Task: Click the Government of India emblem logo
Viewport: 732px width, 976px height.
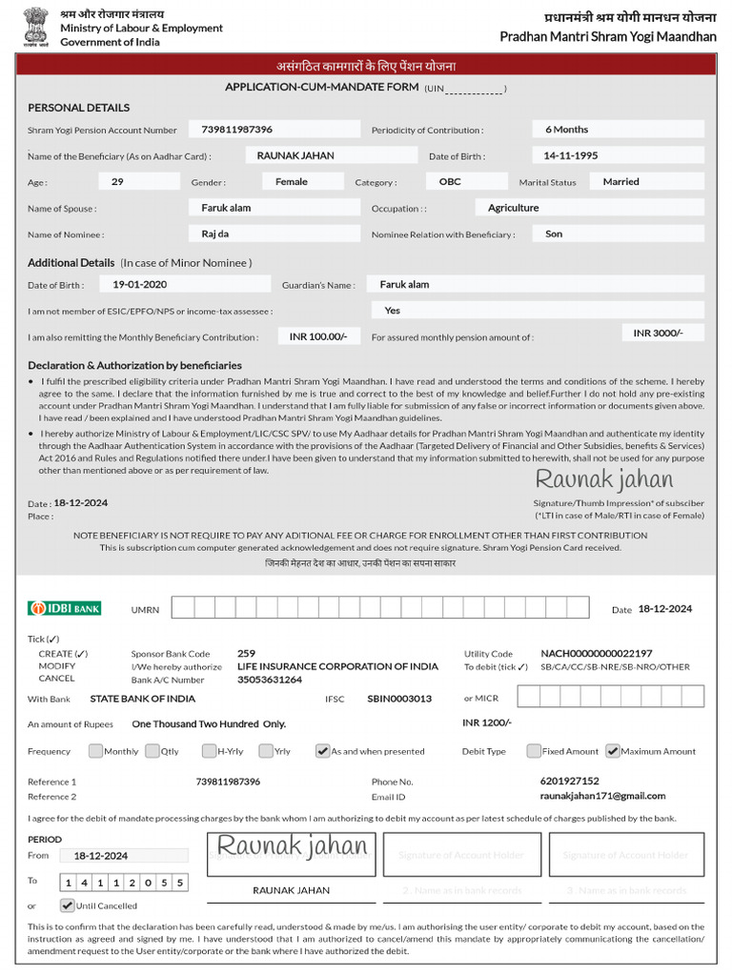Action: point(36,26)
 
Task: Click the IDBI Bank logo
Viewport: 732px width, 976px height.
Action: point(65,608)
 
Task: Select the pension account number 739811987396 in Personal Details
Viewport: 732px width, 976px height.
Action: point(236,129)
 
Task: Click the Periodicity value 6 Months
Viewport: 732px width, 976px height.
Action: point(566,129)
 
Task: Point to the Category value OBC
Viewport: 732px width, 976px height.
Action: point(450,181)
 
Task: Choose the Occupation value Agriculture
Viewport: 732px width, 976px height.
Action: point(513,208)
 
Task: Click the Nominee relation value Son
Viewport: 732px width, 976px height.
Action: point(554,234)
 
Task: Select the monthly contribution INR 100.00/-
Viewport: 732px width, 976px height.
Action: point(318,336)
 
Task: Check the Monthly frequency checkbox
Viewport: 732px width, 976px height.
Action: point(95,751)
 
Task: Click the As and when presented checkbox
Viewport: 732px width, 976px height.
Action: point(322,751)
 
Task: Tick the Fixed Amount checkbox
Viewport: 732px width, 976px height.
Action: point(534,751)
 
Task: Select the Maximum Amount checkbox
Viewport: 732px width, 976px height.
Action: point(613,751)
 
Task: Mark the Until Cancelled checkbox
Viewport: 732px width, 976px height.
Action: point(67,905)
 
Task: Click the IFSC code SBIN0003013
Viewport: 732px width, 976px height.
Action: point(399,699)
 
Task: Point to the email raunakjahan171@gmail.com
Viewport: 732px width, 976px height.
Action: point(602,796)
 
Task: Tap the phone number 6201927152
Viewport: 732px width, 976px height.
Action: point(569,781)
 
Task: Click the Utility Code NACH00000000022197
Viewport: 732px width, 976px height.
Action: point(597,653)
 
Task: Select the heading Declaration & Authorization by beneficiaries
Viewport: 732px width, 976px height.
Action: point(134,365)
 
